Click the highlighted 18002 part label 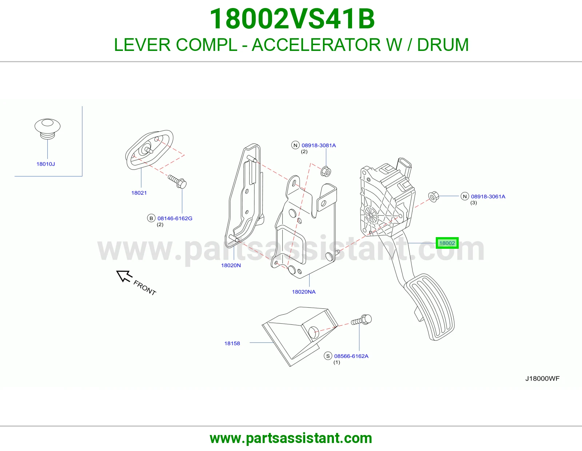447,243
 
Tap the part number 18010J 45,164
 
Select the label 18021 139,193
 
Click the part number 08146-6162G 175,218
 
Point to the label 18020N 231,266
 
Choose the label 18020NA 304,292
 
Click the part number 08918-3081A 319,145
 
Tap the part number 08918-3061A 488,196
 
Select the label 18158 232,343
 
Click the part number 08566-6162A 351,356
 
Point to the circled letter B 151,218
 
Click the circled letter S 328,356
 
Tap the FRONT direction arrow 124,276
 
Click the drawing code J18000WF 542,378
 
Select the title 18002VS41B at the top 292,19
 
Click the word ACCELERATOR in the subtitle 316,45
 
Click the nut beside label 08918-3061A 434,197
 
